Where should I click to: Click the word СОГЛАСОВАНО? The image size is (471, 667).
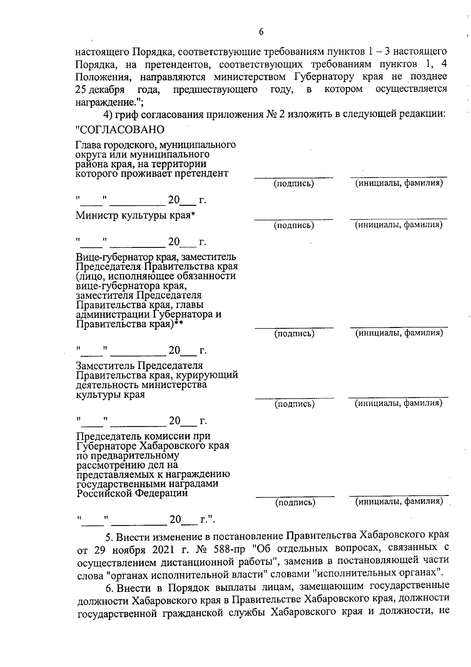click(x=120, y=130)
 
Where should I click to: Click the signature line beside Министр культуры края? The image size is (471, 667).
click(x=294, y=219)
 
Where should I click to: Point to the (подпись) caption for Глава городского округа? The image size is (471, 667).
click(x=294, y=183)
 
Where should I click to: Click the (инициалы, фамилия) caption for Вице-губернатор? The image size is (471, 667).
click(x=399, y=333)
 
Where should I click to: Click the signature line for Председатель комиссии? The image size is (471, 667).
click(x=295, y=497)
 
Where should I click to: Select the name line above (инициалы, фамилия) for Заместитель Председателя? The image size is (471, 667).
click(x=398, y=398)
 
